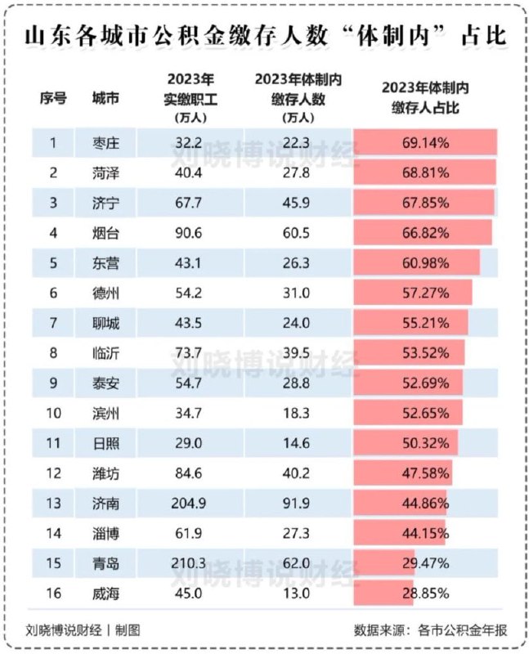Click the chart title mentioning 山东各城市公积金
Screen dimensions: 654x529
[264, 37]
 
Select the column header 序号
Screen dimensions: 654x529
[52, 98]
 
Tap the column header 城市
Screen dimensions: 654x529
[106, 98]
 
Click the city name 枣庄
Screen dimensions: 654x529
[106, 143]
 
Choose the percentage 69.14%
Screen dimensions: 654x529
[425, 143]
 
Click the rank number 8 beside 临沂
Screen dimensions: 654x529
[52, 352]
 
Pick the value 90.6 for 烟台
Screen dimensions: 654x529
[190, 232]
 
